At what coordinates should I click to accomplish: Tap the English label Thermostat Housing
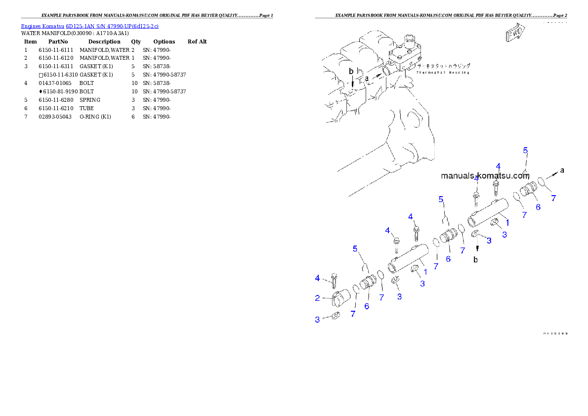click(442, 72)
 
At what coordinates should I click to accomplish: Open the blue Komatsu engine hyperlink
click(89, 26)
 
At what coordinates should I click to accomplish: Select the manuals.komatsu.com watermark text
click(485, 175)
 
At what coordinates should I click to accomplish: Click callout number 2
click(317, 297)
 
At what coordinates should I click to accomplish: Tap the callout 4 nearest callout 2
click(317, 279)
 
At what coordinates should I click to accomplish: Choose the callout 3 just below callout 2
click(317, 320)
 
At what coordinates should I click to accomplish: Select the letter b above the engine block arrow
click(351, 71)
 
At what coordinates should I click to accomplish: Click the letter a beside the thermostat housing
click(367, 78)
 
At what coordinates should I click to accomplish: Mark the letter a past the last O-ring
click(562, 170)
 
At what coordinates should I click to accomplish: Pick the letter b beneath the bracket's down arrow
click(476, 259)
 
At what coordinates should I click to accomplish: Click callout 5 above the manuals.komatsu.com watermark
click(526, 150)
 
